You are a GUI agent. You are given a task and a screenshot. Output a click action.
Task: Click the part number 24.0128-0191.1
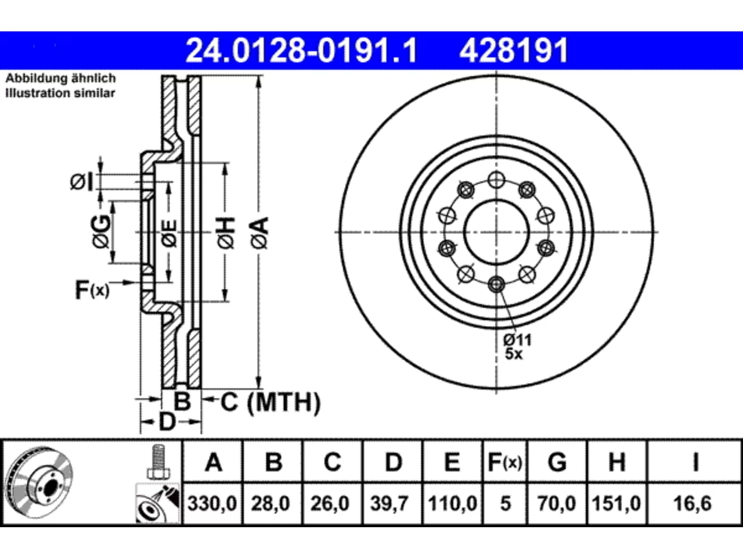coord(302,51)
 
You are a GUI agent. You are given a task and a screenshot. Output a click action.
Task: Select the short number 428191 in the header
coord(514,51)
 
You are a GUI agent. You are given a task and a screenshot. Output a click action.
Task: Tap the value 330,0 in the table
coord(212,503)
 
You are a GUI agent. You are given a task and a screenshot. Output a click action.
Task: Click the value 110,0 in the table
coord(452,503)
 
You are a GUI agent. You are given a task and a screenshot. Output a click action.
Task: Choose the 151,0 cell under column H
coord(616,503)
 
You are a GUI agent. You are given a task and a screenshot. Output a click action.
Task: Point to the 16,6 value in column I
coord(692,503)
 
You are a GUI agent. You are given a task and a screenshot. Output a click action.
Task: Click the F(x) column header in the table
coord(505,462)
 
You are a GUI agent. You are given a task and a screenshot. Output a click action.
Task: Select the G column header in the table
coord(557,462)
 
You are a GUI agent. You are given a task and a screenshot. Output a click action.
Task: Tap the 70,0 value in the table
coord(557,503)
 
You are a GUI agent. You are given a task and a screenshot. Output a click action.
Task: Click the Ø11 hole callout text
coord(517,340)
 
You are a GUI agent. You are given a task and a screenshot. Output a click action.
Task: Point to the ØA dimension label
coord(260,233)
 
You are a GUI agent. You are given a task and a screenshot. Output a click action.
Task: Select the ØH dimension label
coord(226,233)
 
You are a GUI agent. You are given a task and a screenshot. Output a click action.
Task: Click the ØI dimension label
coord(81,183)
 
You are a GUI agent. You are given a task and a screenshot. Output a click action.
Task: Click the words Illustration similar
coord(60,93)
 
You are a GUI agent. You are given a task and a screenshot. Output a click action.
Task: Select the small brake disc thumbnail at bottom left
coord(39,482)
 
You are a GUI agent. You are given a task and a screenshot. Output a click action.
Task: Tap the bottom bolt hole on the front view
coord(496,284)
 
